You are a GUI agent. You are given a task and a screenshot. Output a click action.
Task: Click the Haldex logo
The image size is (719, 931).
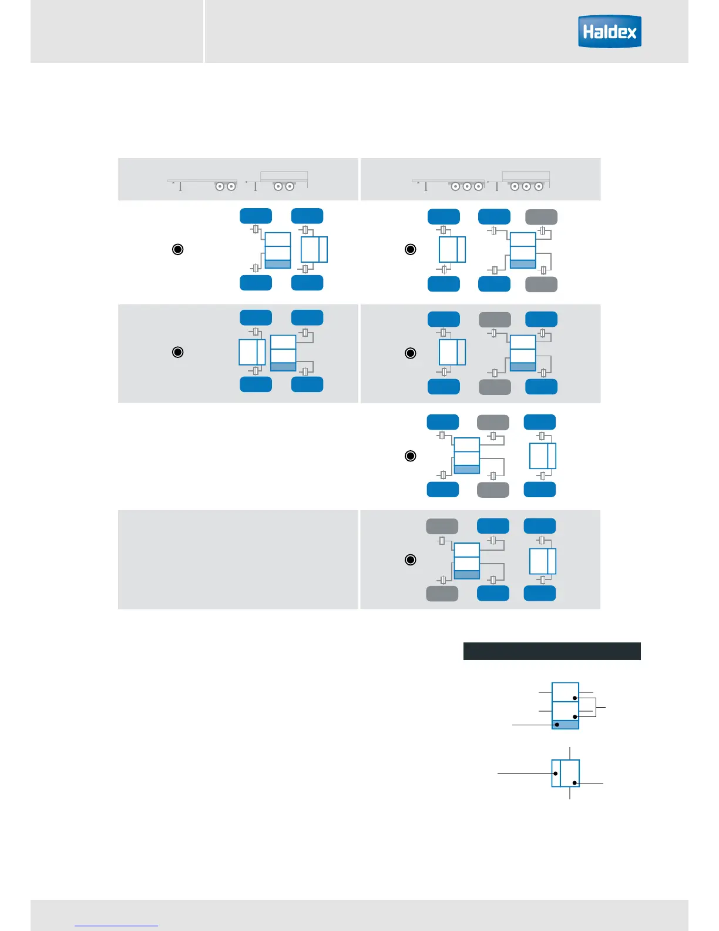[x=609, y=32]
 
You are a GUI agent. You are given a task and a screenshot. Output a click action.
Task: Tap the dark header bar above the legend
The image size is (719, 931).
[x=552, y=651]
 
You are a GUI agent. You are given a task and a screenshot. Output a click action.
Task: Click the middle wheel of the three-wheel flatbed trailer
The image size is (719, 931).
[x=467, y=187]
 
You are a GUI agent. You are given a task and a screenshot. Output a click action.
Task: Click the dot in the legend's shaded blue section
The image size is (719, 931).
[x=557, y=725]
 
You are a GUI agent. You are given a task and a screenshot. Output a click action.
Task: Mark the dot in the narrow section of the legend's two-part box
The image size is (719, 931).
[x=556, y=773]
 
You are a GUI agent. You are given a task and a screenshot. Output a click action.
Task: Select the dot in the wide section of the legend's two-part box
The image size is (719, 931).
[x=574, y=783]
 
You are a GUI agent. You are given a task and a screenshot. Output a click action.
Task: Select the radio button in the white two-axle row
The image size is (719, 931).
[x=177, y=249]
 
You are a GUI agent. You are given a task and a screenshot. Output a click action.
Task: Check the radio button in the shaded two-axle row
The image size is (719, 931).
[x=177, y=352]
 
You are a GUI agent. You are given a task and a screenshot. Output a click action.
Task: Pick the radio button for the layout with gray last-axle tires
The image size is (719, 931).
[x=411, y=249]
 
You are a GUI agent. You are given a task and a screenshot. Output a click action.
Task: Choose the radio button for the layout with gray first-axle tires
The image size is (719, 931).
[x=411, y=560]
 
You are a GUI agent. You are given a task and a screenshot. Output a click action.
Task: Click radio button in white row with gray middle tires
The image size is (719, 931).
[x=411, y=456]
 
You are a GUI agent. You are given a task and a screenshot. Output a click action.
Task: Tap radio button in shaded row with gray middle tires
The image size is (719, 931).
[x=411, y=353]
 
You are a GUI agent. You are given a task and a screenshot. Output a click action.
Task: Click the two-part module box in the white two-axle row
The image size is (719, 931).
[x=314, y=250]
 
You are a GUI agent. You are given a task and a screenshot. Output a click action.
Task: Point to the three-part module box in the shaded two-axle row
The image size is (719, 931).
[x=283, y=353]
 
